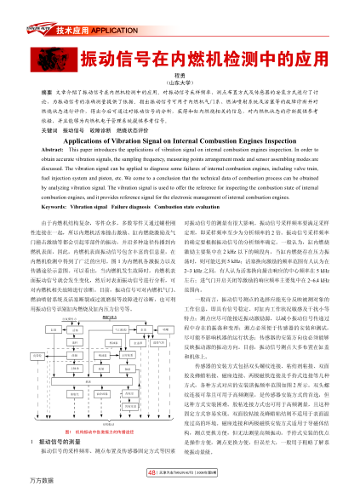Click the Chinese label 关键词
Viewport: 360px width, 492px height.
(x=39, y=129)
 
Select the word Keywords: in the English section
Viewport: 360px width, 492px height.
(x=47, y=206)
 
